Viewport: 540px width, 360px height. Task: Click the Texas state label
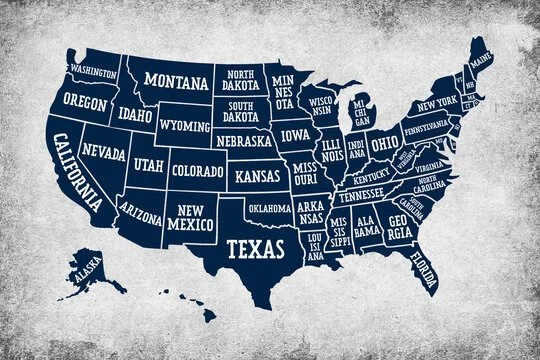click(253, 246)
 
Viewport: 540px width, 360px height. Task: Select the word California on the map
click(77, 171)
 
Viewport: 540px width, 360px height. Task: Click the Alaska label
click(88, 267)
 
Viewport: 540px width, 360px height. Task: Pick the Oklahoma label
click(270, 208)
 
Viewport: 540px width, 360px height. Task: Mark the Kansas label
click(258, 177)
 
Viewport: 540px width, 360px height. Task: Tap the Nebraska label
click(243, 142)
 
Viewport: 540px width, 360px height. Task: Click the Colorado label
click(197, 171)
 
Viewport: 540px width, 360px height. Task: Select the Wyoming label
click(185, 127)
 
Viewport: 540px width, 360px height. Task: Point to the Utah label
click(149, 163)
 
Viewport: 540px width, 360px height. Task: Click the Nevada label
click(105, 154)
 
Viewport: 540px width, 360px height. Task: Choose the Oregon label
click(84, 101)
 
